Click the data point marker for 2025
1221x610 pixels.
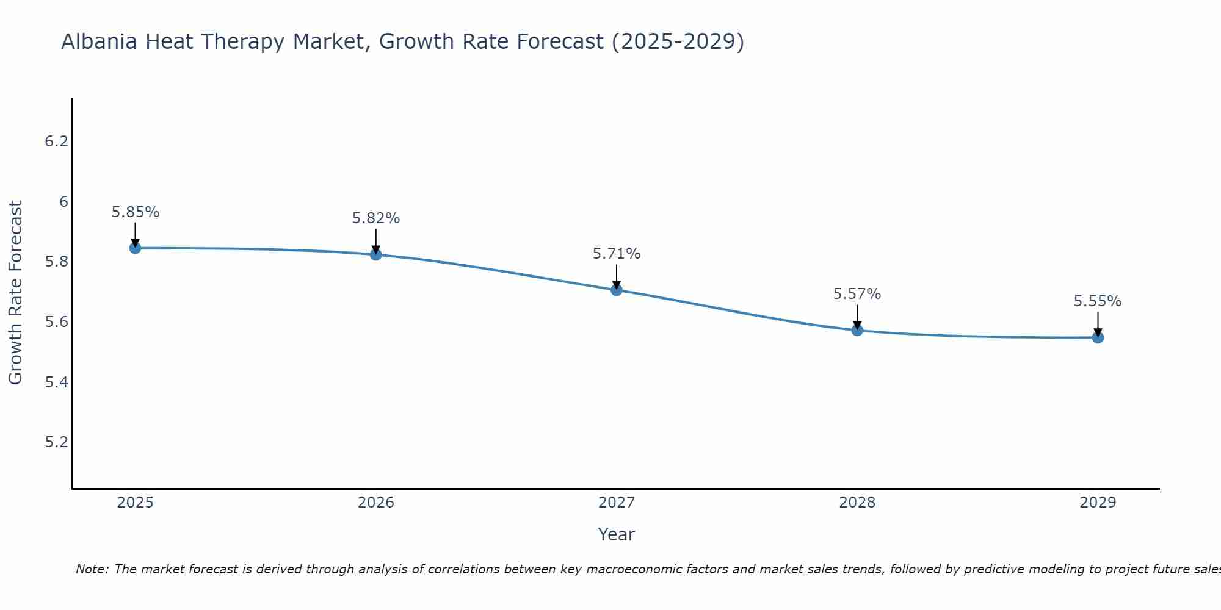(135, 248)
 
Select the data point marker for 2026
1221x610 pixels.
(376, 254)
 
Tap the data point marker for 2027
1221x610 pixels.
(617, 290)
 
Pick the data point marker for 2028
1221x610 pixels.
(857, 330)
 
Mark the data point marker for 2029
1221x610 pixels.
(1098, 337)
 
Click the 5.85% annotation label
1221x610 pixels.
(135, 212)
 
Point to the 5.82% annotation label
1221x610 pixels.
(376, 218)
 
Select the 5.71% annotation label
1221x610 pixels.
(617, 254)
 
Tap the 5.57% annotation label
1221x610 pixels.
(857, 294)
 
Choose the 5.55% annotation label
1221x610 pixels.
(1098, 301)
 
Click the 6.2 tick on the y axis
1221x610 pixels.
(56, 142)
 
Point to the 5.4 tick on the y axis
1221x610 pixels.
(56, 382)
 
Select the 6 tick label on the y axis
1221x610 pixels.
(63, 202)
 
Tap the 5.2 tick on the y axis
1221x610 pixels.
(56, 442)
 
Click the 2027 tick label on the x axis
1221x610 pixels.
(617, 503)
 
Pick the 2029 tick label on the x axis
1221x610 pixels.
(1098, 503)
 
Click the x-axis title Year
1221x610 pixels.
(617, 534)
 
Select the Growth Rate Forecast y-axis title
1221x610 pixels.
(15, 293)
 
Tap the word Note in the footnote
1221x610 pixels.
(92, 569)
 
